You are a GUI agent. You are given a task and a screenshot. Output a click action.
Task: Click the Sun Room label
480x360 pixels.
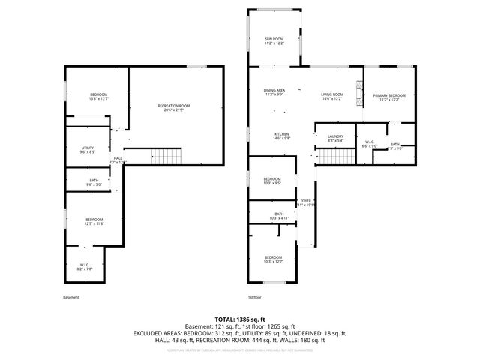274,41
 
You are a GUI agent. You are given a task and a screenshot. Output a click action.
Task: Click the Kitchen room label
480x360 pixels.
281,136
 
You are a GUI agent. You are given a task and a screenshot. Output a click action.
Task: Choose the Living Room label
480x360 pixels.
331,95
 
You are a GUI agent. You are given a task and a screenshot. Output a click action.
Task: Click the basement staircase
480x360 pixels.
167,157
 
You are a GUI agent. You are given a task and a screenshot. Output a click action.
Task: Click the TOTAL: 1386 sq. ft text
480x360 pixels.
239,319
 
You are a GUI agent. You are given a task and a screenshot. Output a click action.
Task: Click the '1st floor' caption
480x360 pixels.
256,297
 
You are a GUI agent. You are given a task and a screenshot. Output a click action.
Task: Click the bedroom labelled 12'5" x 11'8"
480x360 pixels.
94,221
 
